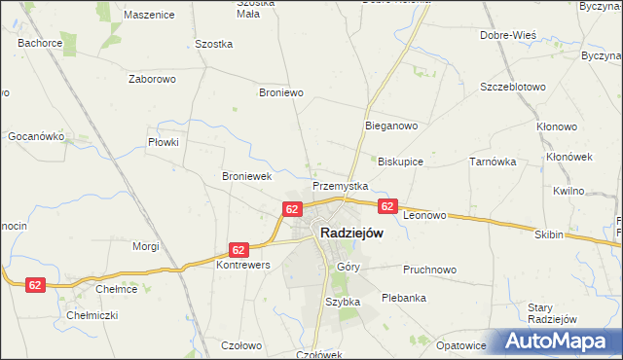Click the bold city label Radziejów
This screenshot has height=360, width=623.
(351, 234)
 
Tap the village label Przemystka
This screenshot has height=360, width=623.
(340, 186)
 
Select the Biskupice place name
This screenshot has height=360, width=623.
(400, 162)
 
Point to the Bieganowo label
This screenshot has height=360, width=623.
(391, 126)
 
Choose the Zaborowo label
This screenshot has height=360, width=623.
(151, 79)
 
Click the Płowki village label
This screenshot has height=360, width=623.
(163, 142)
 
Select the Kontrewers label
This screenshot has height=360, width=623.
(242, 265)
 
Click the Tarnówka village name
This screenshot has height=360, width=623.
(493, 162)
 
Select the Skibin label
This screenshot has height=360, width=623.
(549, 235)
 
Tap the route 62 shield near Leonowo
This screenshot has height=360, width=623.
(387, 206)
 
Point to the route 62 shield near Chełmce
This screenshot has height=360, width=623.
(35, 284)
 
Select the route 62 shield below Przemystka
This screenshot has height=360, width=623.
(292, 209)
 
